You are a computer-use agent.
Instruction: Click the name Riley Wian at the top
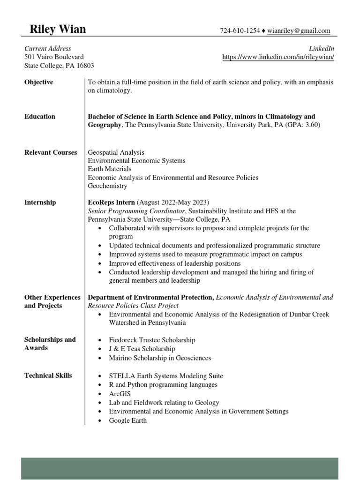(58, 30)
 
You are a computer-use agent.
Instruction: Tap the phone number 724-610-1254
(240, 31)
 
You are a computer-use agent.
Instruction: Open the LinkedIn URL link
(278, 57)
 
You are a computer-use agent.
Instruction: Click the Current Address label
(48, 49)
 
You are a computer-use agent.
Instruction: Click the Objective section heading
(39, 82)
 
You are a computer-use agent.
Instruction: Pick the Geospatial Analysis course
(116, 152)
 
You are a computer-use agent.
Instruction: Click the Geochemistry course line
(107, 186)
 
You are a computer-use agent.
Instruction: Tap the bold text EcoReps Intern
(112, 202)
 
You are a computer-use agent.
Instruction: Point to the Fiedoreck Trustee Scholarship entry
(152, 340)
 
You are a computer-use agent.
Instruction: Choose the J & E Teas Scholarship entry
(142, 349)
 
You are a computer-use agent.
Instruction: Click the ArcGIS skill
(120, 394)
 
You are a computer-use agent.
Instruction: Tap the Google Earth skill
(127, 420)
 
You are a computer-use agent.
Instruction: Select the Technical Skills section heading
(48, 375)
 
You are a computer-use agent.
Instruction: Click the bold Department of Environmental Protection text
(151, 297)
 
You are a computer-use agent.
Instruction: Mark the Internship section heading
(40, 202)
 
